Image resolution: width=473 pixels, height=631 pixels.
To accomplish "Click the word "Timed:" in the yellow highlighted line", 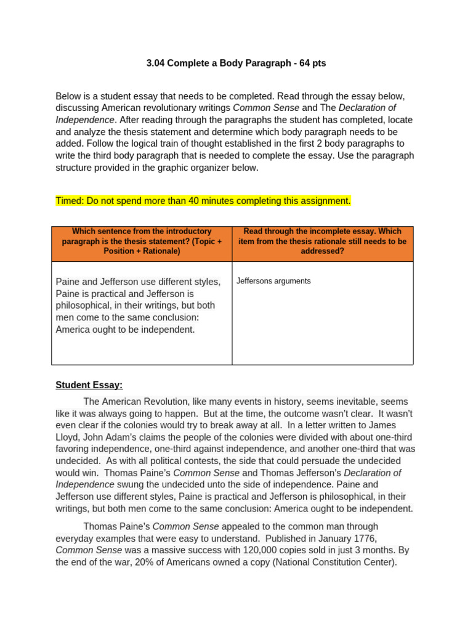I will click(x=70, y=201).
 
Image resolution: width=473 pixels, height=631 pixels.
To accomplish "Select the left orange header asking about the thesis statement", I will click(x=142, y=242).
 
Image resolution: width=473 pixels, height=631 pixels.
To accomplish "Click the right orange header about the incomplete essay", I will click(x=322, y=242).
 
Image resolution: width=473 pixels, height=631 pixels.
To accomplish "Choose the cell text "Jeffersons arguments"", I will click(x=273, y=281).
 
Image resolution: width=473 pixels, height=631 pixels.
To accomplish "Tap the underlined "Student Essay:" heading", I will click(x=89, y=385).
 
